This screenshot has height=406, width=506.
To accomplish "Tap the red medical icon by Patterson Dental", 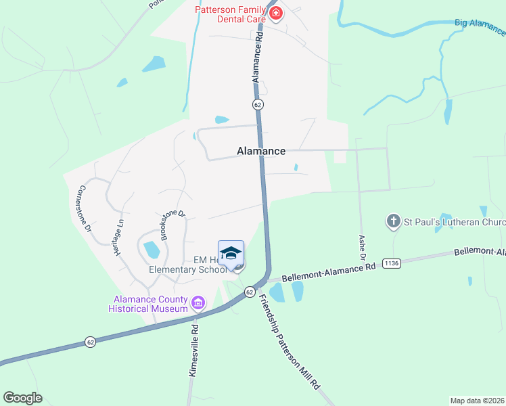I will tap(275, 14).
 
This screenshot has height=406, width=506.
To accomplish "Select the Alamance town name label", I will tap(261, 152).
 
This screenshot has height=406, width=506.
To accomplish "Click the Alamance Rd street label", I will tap(257, 59).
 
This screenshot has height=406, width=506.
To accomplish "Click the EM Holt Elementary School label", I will tap(189, 264).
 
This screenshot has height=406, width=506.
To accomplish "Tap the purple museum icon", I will tap(198, 302).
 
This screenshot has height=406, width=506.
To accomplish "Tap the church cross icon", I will tap(394, 221).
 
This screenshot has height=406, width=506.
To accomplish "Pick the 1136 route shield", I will tap(392, 263).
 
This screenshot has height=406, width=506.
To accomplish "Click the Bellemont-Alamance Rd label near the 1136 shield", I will tap(328, 273).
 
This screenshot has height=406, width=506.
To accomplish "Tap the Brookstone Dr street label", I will tap(172, 225).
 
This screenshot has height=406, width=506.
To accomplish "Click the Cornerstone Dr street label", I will tap(85, 209).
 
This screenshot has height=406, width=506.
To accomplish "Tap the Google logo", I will tap(22, 398).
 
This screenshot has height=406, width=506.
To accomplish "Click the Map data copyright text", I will tap(478, 400).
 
